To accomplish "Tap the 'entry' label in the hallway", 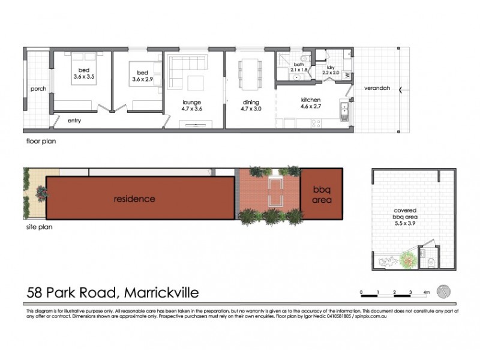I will click(74, 120).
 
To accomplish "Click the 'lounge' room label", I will click(192, 102).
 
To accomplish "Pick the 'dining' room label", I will click(250, 102).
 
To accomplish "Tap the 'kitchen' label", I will click(311, 100).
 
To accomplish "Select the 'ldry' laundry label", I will click(331, 67).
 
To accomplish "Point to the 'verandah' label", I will click(377, 89).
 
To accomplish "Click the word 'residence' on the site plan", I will click(134, 199).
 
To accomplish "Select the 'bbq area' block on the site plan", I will click(322, 194).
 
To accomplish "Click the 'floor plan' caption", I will click(40, 142).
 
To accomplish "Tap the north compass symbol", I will click(445, 289).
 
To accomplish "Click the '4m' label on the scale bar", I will click(427, 292).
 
